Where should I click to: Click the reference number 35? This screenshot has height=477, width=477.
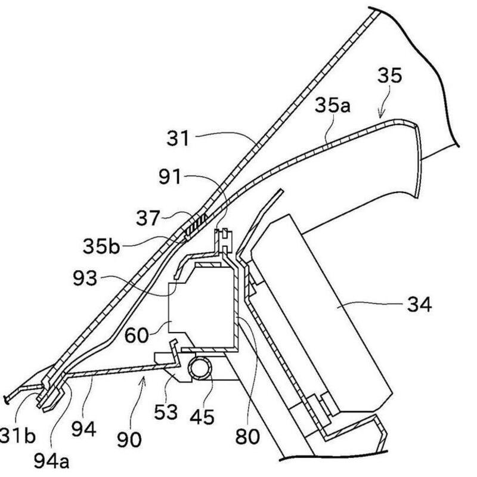[x=389, y=76]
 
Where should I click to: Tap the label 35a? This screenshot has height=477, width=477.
[x=333, y=106]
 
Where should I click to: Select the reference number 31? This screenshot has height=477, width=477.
[x=178, y=138]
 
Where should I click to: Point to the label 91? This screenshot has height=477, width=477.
[x=171, y=176]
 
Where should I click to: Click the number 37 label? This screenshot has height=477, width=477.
[x=148, y=218]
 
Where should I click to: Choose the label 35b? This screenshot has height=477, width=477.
[x=101, y=246]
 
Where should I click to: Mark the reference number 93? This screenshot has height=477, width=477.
[x=85, y=278]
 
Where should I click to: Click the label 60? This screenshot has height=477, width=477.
[x=137, y=335]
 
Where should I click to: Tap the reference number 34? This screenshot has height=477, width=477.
[x=420, y=304]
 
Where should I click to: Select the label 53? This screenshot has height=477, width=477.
[x=166, y=412]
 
